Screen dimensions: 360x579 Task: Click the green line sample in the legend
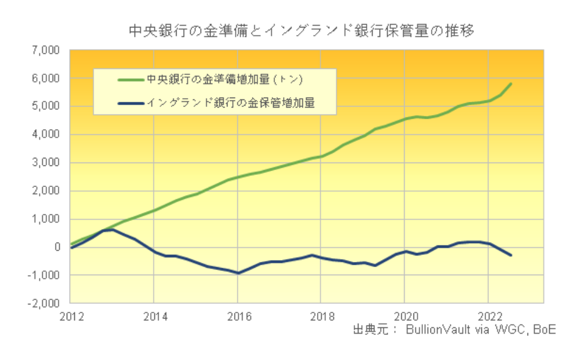(x=130, y=79)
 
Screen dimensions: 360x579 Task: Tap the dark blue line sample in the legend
(x=130, y=104)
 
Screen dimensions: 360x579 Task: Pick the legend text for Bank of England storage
(x=230, y=104)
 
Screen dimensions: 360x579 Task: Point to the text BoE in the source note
(x=543, y=330)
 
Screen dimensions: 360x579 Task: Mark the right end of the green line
(x=511, y=84)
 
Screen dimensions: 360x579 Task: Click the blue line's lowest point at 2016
(x=237, y=273)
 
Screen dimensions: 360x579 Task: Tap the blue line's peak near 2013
(x=112, y=230)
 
